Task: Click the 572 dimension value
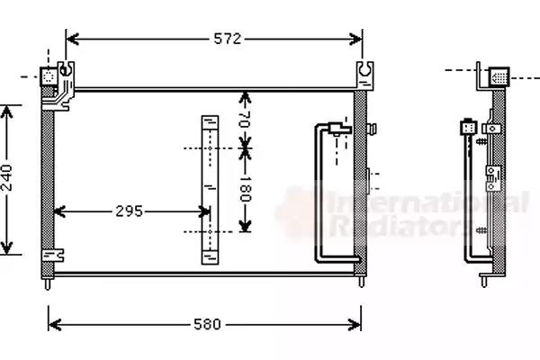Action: click(x=228, y=39)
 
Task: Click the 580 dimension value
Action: click(x=207, y=324)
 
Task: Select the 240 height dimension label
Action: click(x=7, y=178)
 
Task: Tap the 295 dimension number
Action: click(x=129, y=211)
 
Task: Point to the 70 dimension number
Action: click(x=244, y=119)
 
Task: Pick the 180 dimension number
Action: click(x=244, y=189)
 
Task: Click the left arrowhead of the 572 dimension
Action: click(x=73, y=39)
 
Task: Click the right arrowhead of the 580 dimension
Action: click(x=355, y=325)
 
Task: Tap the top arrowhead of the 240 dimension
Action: click(x=6, y=112)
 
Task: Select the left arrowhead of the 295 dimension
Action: click(x=60, y=211)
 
